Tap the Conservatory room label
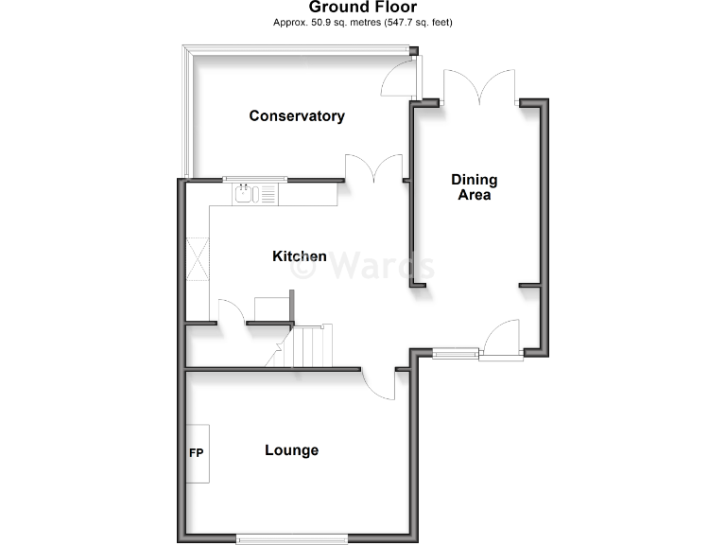coord(297,116)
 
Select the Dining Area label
coord(474,187)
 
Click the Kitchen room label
coord(300,256)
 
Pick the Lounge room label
coord(291,450)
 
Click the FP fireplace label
coord(197,452)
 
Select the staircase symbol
coord(311,345)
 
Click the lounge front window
coord(292,539)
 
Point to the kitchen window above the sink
coord(255,179)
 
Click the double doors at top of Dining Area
coord(479,87)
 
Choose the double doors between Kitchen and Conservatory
coord(374,167)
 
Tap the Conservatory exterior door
coord(398,80)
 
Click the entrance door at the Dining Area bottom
coord(501,340)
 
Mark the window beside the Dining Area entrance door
coord(456,354)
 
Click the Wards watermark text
coord(363,266)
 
